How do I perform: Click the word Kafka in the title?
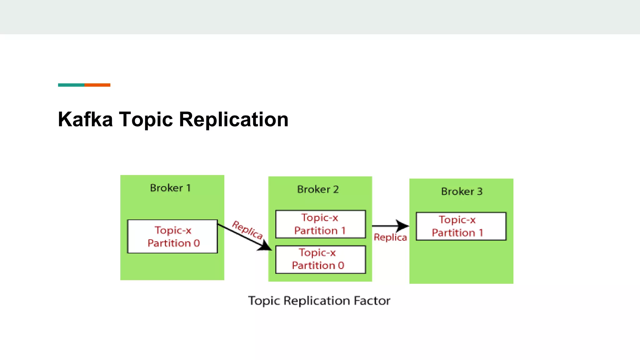tap(85, 119)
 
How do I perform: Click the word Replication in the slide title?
tap(233, 119)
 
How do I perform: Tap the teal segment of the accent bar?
tap(71, 85)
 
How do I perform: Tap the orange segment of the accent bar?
tap(97, 85)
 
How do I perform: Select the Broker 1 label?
tap(170, 188)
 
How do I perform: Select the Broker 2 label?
tap(318, 189)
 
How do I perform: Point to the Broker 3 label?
tap(462, 191)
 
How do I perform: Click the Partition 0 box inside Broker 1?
tap(172, 237)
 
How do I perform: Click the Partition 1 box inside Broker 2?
tap(320, 224)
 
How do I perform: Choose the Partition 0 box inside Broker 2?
tap(320, 259)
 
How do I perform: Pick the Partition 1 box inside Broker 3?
tap(461, 226)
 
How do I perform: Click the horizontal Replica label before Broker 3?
tap(390, 237)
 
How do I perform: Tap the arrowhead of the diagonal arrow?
tap(266, 246)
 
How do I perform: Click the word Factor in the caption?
tap(372, 301)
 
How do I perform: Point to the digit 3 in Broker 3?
tap(480, 191)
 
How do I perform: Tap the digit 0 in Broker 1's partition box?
tap(197, 243)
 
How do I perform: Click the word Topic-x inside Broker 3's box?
tap(457, 220)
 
